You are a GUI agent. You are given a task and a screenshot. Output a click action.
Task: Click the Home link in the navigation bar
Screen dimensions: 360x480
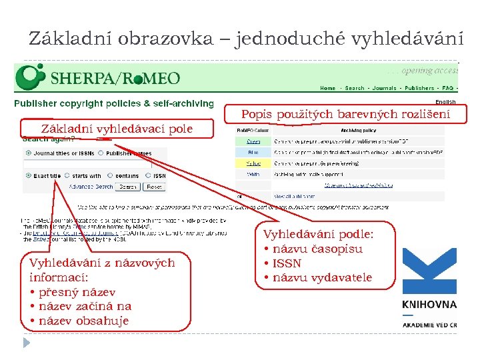(327, 88)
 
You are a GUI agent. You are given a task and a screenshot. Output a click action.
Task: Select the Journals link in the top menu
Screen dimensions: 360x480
(384, 88)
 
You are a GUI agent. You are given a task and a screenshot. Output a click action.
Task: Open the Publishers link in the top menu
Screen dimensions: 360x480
(419, 88)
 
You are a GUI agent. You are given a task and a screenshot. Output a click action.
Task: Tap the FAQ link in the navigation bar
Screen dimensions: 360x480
(447, 88)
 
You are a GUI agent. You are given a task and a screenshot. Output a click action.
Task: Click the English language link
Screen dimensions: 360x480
(445, 102)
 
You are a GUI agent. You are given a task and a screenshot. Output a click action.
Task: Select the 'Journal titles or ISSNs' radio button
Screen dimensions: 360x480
(28, 153)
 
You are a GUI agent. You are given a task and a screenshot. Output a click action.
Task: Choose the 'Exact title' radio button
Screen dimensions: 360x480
(28, 176)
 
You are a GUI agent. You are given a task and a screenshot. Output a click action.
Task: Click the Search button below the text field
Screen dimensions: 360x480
(128, 187)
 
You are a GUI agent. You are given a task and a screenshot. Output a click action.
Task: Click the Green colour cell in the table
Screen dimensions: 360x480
(253, 141)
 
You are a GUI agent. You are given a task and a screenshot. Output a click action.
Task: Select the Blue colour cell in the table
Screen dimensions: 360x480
(253, 151)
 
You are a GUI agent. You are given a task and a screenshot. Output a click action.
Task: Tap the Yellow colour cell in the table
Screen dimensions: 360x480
(253, 162)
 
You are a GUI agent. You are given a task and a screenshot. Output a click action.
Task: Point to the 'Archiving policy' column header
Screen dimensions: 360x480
(359, 131)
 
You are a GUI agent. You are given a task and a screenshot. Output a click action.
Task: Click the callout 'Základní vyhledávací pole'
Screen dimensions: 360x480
(117, 129)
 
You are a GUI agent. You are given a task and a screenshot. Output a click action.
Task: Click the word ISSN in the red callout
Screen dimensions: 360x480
(287, 263)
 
